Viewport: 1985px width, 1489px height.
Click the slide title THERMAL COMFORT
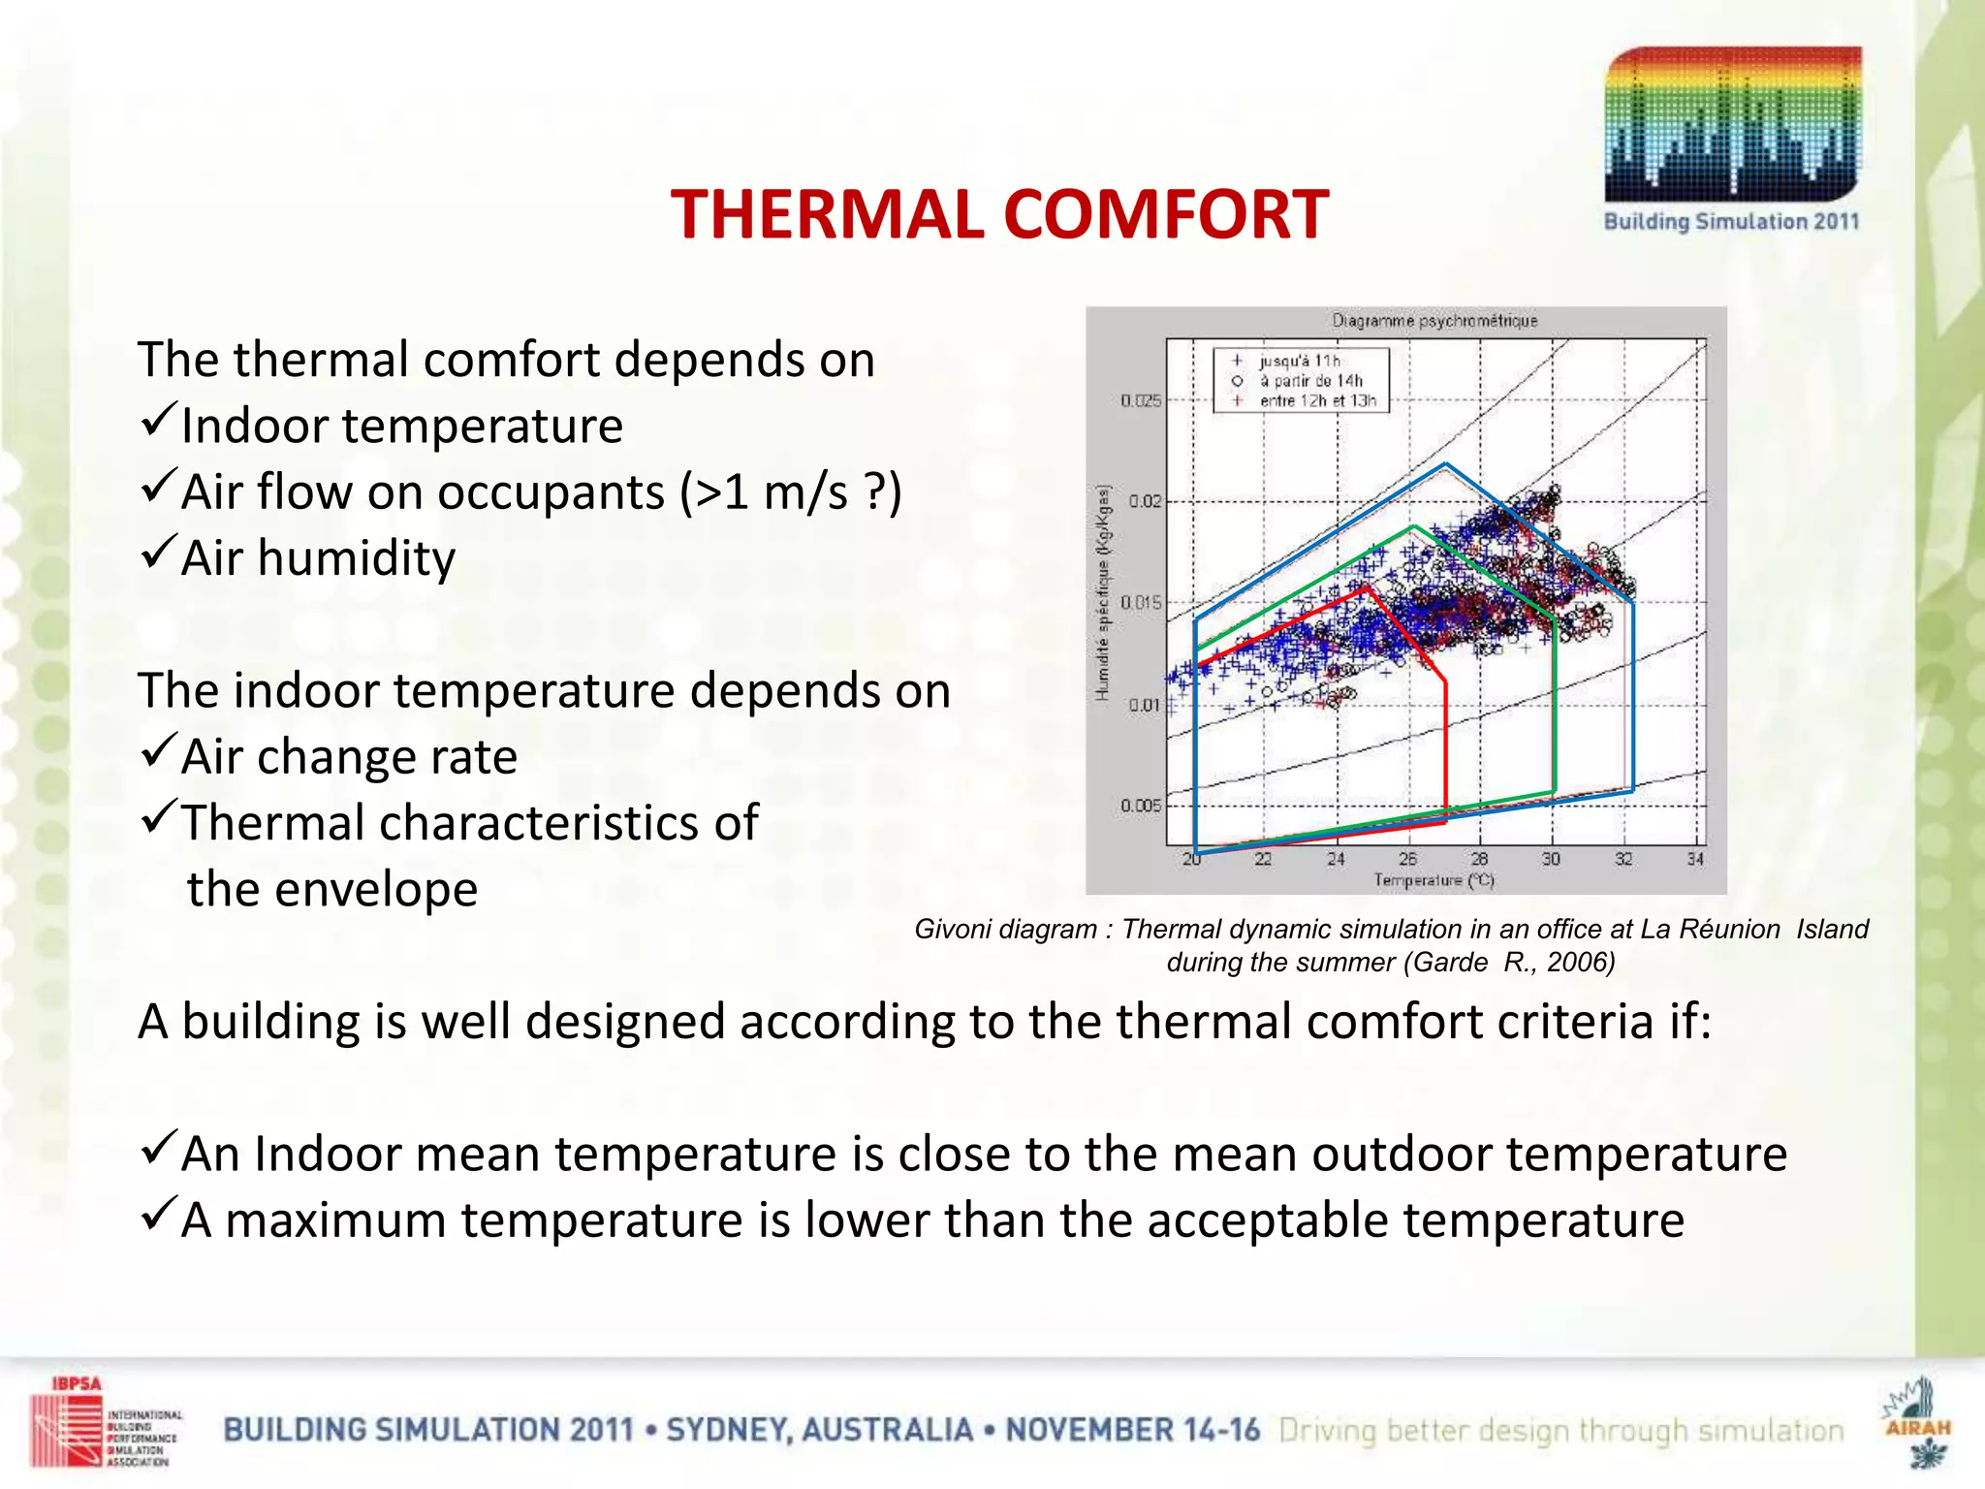click(x=999, y=214)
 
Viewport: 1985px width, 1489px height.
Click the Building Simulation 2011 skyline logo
click(x=1732, y=126)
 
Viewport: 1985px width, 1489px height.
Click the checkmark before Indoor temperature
click(x=157, y=420)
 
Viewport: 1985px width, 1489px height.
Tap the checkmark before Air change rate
click(x=157, y=750)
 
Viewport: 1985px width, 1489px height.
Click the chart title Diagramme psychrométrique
click(x=1434, y=321)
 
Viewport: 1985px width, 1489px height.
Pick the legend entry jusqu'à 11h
click(x=1299, y=362)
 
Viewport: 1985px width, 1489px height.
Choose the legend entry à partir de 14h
click(x=1310, y=381)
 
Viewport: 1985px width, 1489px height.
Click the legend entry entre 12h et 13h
click(x=1317, y=400)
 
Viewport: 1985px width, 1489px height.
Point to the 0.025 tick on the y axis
click(x=1141, y=400)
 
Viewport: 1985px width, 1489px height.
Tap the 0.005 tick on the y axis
click(x=1141, y=806)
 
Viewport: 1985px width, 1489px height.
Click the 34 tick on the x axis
click(x=1695, y=859)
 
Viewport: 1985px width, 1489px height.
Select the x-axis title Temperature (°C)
click(x=1434, y=880)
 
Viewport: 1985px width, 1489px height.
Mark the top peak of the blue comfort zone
click(x=1446, y=464)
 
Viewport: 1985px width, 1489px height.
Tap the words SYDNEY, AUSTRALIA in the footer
click(x=819, y=1430)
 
